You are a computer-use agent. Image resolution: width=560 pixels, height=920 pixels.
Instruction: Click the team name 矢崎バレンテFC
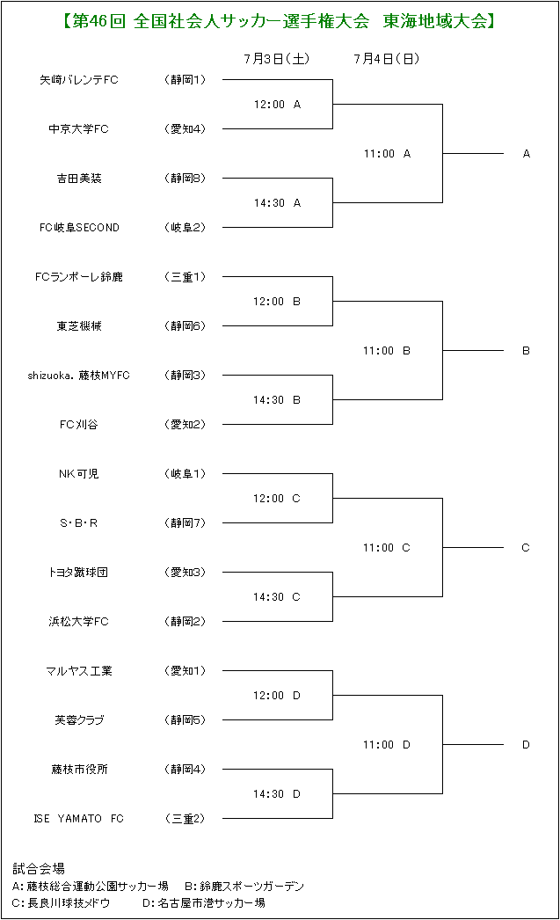point(78,80)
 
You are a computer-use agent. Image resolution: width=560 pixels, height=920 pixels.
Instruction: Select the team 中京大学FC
point(78,129)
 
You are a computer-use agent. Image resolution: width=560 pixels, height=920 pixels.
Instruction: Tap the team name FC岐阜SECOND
point(79,228)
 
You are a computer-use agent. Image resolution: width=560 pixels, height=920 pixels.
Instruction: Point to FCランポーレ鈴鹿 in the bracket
point(78,277)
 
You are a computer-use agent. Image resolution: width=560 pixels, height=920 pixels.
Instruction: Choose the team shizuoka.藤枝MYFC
point(78,376)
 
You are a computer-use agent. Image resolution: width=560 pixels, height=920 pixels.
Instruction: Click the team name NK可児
point(78,474)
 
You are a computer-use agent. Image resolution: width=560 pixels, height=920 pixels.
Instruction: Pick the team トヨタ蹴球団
point(78,573)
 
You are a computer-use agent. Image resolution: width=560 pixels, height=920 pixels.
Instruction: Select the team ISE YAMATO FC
point(78,819)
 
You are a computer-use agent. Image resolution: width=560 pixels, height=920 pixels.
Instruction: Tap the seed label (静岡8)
point(185,179)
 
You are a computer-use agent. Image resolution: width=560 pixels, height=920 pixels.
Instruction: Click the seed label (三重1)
point(185,277)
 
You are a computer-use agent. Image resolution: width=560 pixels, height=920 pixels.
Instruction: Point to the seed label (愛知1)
point(185,670)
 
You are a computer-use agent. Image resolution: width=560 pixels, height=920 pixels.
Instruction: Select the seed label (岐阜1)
point(185,474)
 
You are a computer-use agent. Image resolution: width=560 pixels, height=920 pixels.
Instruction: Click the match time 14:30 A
point(277,203)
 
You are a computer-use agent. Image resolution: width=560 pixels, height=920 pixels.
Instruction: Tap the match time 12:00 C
point(277,499)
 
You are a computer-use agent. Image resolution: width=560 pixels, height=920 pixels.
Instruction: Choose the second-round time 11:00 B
point(387,351)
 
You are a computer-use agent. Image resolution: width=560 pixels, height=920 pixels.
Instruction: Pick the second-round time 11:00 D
point(387,745)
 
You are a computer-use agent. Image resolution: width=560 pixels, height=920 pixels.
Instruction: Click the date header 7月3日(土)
point(277,59)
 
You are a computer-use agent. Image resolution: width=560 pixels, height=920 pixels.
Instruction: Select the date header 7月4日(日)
point(387,59)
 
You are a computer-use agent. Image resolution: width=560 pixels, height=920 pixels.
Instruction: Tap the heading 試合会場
point(39,868)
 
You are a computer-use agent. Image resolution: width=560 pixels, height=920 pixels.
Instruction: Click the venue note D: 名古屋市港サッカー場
point(204,902)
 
